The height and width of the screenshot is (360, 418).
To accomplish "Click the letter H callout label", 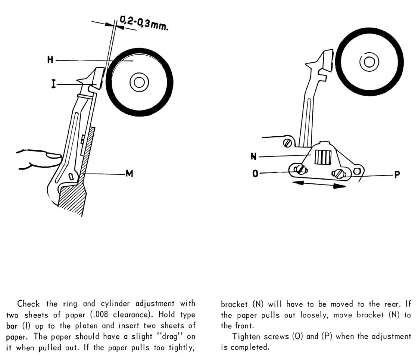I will [x=50, y=61].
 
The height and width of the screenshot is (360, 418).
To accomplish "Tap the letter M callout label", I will [x=130, y=173].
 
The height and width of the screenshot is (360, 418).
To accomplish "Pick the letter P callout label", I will [x=397, y=175].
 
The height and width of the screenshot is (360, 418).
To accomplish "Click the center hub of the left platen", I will [x=139, y=82].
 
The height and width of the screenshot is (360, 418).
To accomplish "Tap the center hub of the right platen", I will [x=369, y=62].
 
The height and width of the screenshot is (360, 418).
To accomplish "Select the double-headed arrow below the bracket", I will [x=319, y=185].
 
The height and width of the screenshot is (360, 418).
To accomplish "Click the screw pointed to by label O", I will [x=300, y=170].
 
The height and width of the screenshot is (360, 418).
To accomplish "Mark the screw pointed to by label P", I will [x=339, y=173].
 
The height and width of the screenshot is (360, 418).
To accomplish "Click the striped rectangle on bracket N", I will [x=322, y=157].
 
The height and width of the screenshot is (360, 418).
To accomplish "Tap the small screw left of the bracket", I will [x=287, y=143].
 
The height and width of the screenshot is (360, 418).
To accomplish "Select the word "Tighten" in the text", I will [x=247, y=336].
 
